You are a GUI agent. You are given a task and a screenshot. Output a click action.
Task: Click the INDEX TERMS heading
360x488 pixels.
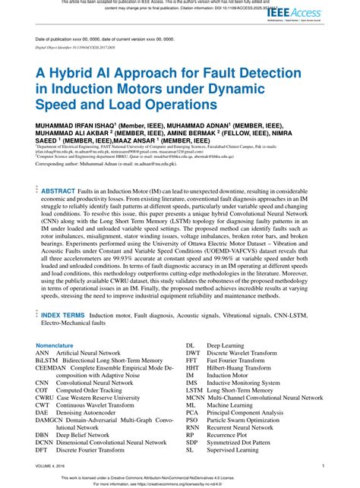pos(63,313)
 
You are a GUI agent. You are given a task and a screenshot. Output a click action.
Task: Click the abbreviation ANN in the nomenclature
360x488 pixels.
pos(43,353)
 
